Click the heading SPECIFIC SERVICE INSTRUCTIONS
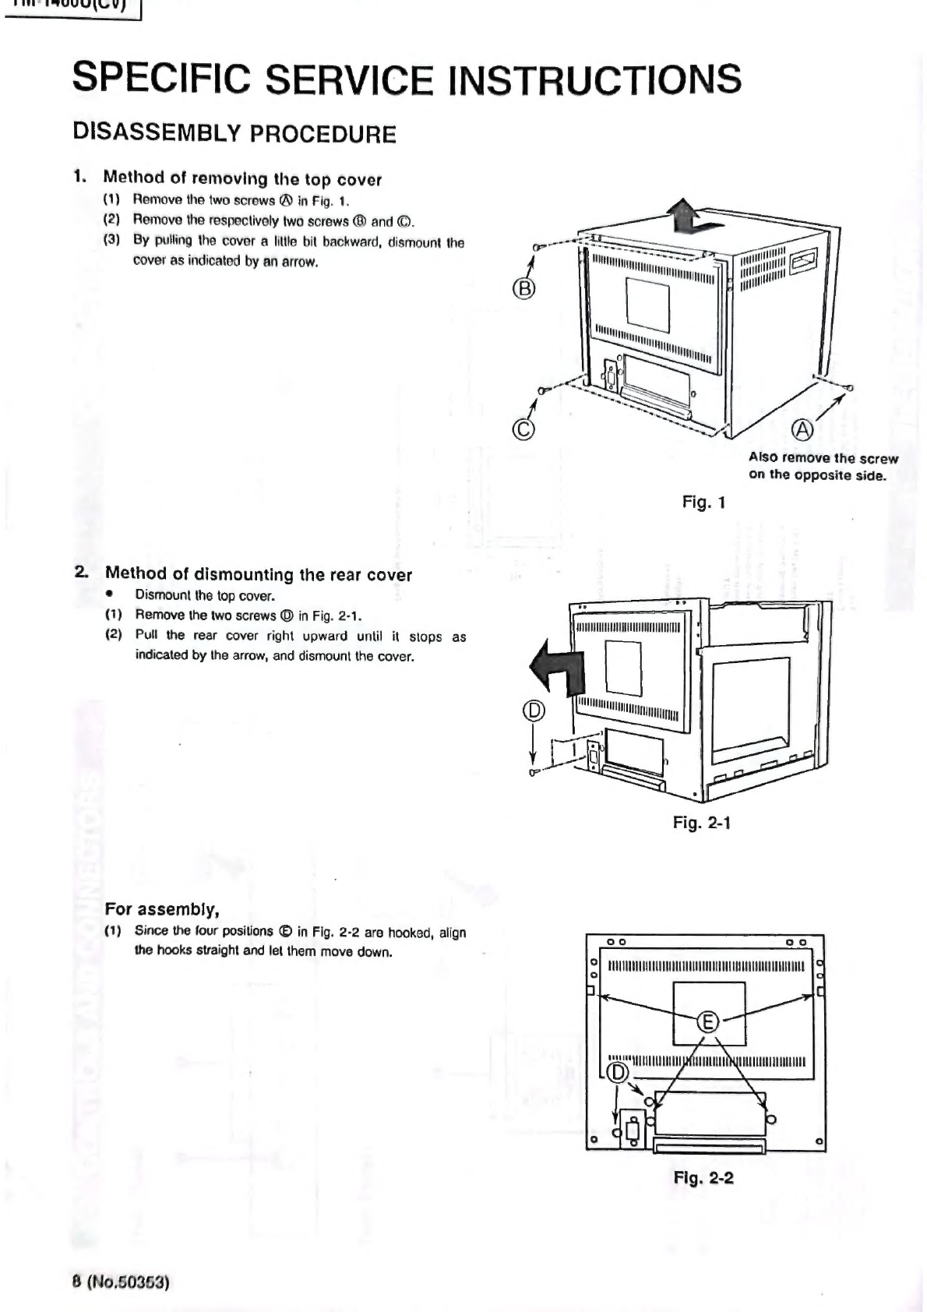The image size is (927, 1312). (406, 79)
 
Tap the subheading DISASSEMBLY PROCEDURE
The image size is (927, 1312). (234, 133)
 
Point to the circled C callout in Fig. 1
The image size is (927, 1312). (525, 429)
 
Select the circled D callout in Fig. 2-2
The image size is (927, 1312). (617, 1073)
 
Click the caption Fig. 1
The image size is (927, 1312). (703, 503)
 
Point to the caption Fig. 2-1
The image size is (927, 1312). (701, 823)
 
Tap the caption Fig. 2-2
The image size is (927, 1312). (703, 1177)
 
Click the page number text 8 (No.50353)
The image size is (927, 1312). (121, 1282)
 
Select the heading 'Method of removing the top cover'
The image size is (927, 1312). (242, 179)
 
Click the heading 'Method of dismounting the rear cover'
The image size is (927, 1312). (258, 574)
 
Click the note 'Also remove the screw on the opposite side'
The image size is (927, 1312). (823, 466)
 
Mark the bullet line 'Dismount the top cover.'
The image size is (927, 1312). (205, 596)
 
